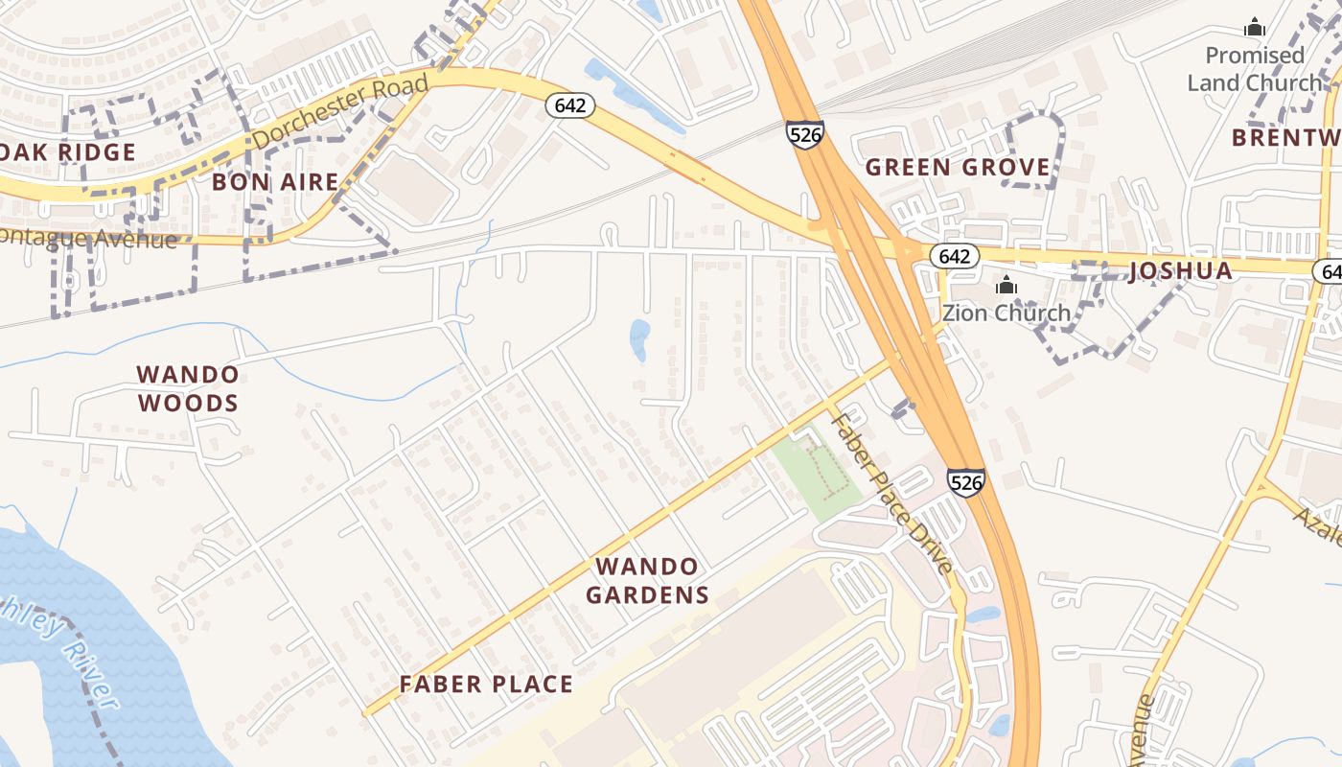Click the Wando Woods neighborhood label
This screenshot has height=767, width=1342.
point(187,388)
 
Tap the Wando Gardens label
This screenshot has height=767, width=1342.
point(647,580)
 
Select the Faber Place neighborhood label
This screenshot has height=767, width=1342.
point(486,685)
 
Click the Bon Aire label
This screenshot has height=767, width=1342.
point(275,181)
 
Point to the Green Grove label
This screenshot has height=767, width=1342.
point(958,168)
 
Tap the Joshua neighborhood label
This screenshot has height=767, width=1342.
point(1181,270)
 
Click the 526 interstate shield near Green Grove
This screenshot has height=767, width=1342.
point(804,134)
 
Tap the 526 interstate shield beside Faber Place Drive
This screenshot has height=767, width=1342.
point(965,481)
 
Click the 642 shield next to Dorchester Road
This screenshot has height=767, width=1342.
point(570,105)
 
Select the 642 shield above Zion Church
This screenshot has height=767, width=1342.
point(954,256)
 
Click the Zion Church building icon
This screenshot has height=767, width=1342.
point(1006,285)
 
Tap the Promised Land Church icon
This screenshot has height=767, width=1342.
point(1254,27)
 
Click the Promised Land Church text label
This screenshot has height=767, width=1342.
point(1254,69)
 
